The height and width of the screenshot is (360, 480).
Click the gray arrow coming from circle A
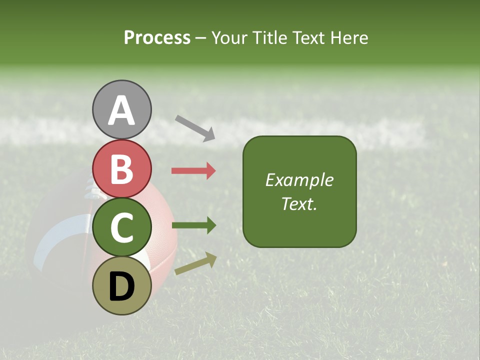pyautogui.click(x=195, y=127)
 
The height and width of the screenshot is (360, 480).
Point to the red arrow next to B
pyautogui.click(x=193, y=171)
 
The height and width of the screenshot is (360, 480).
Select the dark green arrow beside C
pyautogui.click(x=193, y=225)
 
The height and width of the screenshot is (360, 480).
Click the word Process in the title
pyautogui.click(x=157, y=38)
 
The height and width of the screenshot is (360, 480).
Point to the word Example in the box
pyautogui.click(x=299, y=180)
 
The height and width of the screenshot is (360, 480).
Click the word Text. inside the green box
pyautogui.click(x=299, y=203)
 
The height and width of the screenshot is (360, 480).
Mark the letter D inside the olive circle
pyautogui.click(x=122, y=287)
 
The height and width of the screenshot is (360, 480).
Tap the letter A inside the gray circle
pyautogui.click(x=122, y=111)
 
